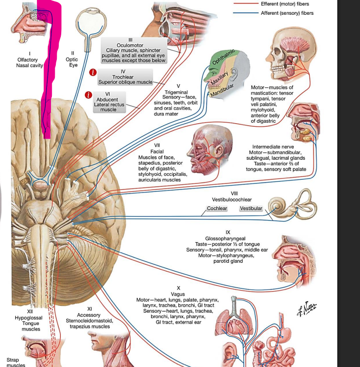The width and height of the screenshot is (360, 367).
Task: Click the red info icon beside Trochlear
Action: (92, 73)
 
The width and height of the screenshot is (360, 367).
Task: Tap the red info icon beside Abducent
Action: (89, 95)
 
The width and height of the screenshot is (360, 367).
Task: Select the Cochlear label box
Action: (217, 209)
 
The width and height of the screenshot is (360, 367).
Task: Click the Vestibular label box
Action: (250, 209)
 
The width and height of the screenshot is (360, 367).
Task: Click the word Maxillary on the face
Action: (219, 79)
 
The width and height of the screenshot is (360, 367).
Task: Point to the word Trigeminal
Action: (175, 92)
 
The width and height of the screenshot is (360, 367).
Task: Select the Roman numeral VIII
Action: (235, 192)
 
